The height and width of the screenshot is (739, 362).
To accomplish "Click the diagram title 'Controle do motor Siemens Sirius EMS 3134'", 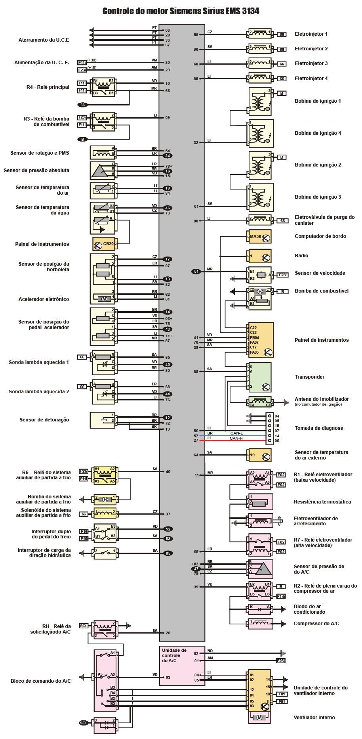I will pyautogui.click(x=181, y=11).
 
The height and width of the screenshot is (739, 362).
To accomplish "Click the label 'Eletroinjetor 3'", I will pyautogui.click(x=311, y=63).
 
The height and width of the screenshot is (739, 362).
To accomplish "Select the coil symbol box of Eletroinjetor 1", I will pyautogui.click(x=260, y=34).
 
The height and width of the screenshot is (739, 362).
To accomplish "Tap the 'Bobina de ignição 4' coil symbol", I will pyautogui.click(x=261, y=133).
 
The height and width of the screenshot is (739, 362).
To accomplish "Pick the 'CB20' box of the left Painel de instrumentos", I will pyautogui.click(x=104, y=244).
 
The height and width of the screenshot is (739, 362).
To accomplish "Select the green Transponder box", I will pyautogui.click(x=260, y=377).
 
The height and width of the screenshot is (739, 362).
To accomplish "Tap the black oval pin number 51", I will pyautogui.click(x=196, y=272).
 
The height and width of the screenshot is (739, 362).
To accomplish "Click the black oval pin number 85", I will pyautogui.click(x=168, y=553).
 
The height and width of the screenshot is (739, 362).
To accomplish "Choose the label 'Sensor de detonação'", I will pyautogui.click(x=44, y=420).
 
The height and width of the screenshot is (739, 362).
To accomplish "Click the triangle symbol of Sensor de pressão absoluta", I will pyautogui.click(x=103, y=170).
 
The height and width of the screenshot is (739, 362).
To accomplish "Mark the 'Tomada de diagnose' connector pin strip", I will pyautogui.click(x=269, y=428).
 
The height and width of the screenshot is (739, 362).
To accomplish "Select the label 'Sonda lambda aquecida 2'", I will pyautogui.click(x=39, y=392).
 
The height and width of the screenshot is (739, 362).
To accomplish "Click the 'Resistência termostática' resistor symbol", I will pyautogui.click(x=260, y=502).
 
